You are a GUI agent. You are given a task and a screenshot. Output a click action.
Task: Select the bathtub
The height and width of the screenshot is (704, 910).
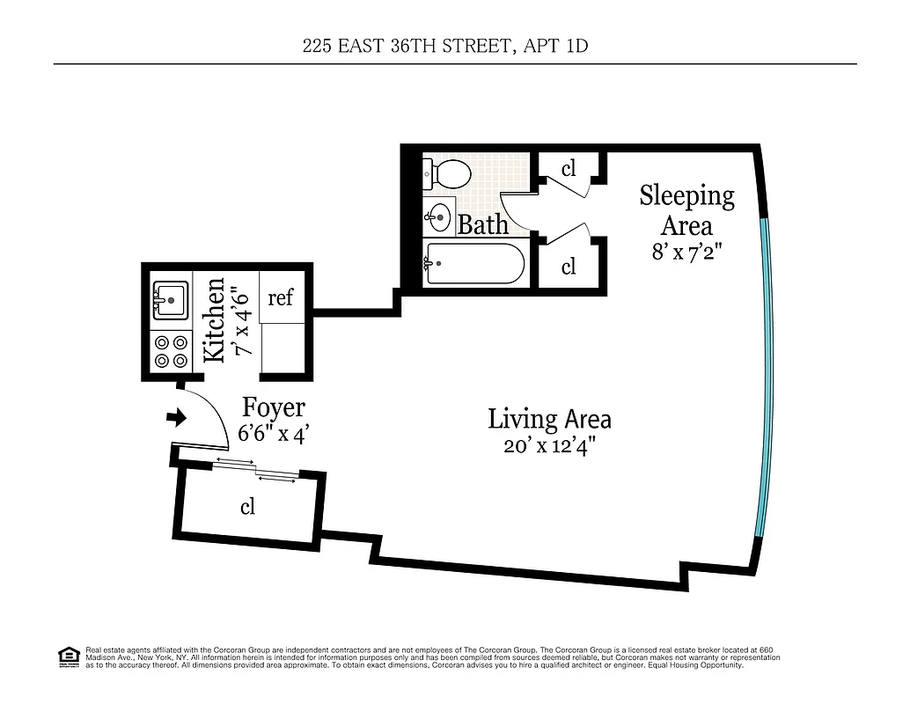tap(474, 263)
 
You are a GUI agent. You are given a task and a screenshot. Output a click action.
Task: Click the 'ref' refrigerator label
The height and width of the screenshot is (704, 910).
tap(280, 297)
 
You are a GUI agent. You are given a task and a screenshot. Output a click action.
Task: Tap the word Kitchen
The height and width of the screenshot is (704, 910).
tap(214, 321)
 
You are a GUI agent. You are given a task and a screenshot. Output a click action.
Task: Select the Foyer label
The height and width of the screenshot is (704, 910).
tap(274, 407)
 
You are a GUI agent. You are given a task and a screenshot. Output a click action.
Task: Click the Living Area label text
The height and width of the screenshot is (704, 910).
tap(549, 419)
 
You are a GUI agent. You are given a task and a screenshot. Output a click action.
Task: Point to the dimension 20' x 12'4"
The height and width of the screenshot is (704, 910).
tap(549, 445)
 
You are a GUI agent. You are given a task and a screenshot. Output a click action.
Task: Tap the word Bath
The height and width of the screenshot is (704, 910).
tap(483, 224)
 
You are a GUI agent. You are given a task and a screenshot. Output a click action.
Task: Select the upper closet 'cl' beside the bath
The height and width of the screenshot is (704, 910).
tap(569, 168)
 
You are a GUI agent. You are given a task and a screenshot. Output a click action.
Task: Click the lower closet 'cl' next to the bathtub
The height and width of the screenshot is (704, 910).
tap(569, 265)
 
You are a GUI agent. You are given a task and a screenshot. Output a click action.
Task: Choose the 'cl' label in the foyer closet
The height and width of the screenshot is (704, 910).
tap(247, 507)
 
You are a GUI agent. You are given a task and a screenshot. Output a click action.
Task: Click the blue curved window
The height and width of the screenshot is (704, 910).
tap(767, 378)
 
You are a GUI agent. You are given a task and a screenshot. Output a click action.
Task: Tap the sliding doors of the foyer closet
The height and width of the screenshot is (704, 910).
tap(256, 470)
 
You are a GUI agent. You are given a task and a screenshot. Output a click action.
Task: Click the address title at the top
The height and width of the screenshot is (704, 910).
tap(444, 46)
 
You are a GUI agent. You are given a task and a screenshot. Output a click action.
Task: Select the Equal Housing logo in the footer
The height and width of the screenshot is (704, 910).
tap(68, 656)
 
